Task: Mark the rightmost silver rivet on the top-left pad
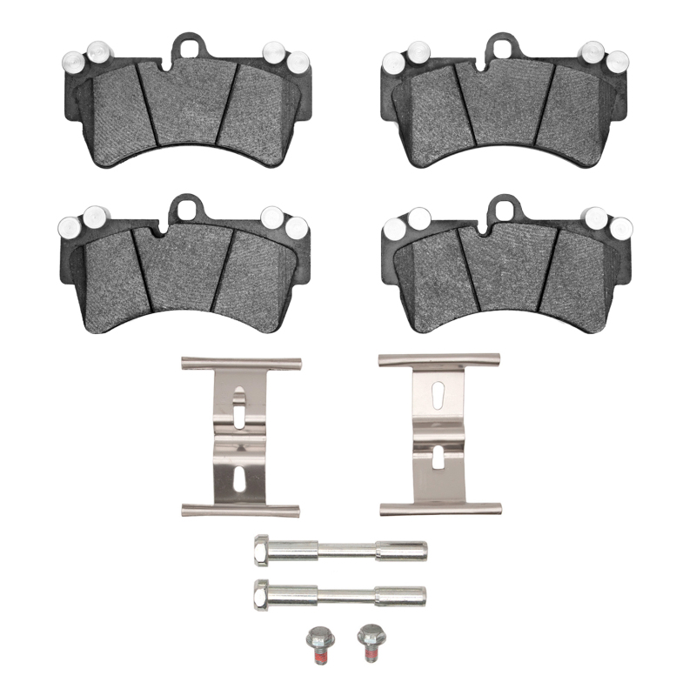(299, 61)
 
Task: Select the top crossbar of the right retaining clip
(439, 359)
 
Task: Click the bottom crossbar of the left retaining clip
(240, 508)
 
